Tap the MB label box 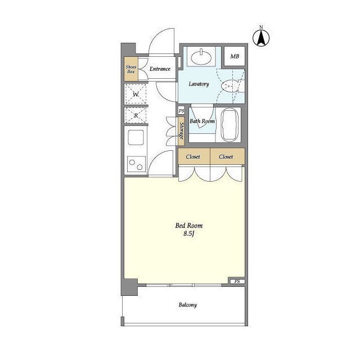tap(235, 56)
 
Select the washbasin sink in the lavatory tap(201, 57)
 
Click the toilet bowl tap(230, 85)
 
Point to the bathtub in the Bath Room tap(229, 125)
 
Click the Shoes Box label tap(131, 69)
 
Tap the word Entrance tap(160, 69)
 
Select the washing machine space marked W tap(136, 94)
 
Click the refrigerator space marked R tap(136, 115)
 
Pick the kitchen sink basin tap(136, 137)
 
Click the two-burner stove tap(136, 164)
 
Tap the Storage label tap(181, 131)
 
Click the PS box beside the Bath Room tap(181, 111)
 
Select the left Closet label tap(193, 156)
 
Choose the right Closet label tap(226, 156)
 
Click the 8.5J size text tap(189, 234)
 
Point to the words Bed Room tap(189, 226)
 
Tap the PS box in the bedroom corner tap(237, 281)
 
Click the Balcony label tap(187, 305)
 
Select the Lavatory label tap(199, 84)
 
